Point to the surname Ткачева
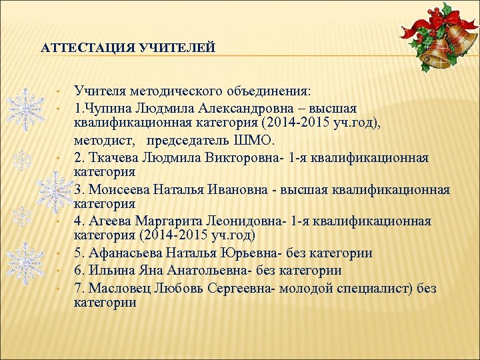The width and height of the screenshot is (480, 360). coord(111,158)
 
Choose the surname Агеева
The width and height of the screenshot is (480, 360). coord(107,221)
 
